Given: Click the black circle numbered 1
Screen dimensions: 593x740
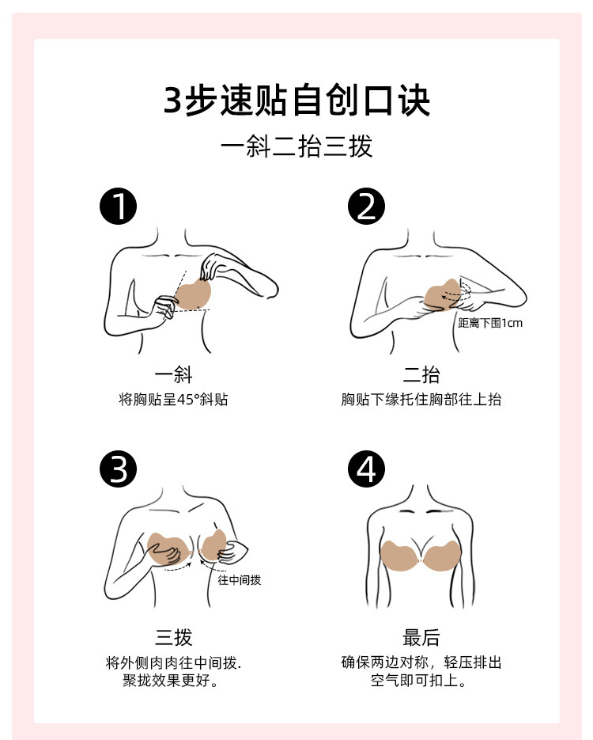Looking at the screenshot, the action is [x=119, y=207].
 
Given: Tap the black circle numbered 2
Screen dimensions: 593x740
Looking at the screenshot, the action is [x=366, y=207].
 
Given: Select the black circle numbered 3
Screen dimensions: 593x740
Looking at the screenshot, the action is [x=119, y=469].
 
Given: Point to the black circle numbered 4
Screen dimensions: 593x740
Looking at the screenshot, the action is [x=366, y=469].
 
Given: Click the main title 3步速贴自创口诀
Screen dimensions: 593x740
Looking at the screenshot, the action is [x=296, y=100].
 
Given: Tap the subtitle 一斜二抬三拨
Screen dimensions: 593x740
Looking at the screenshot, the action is [x=296, y=146].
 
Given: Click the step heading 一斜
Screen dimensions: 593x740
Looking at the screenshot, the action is [x=173, y=374].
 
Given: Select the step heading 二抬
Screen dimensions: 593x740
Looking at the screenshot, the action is [x=421, y=374].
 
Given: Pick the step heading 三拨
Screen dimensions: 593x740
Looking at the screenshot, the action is [x=173, y=637].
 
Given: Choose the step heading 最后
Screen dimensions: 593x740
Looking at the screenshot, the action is [x=421, y=637].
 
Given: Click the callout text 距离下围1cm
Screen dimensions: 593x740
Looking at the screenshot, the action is [x=490, y=323].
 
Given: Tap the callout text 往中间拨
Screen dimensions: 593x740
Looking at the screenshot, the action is [x=239, y=579].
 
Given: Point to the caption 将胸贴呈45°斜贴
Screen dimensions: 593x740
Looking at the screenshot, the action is [x=173, y=399].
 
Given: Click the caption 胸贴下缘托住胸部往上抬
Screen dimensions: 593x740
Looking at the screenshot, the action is [x=421, y=399].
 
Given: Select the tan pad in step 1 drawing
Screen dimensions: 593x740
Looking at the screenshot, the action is [x=192, y=295].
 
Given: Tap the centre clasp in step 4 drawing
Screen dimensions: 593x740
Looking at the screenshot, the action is [x=421, y=561].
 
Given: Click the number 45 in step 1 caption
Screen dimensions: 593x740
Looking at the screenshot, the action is [x=185, y=400].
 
